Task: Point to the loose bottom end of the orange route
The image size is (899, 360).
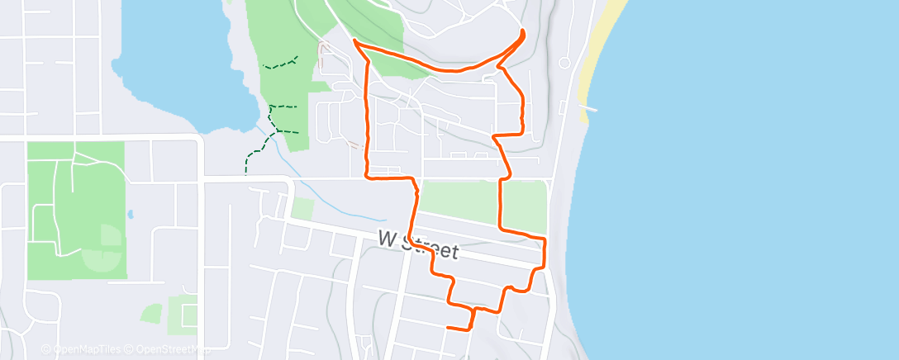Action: click(x=447, y=328)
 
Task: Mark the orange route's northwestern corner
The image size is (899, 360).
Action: click(x=355, y=40)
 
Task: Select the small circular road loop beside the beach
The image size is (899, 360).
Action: click(x=564, y=63)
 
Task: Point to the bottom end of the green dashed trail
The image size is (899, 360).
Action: click(x=246, y=173)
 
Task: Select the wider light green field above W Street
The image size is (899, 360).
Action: click(x=459, y=201)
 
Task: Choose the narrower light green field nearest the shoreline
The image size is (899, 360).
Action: click(x=526, y=206)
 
